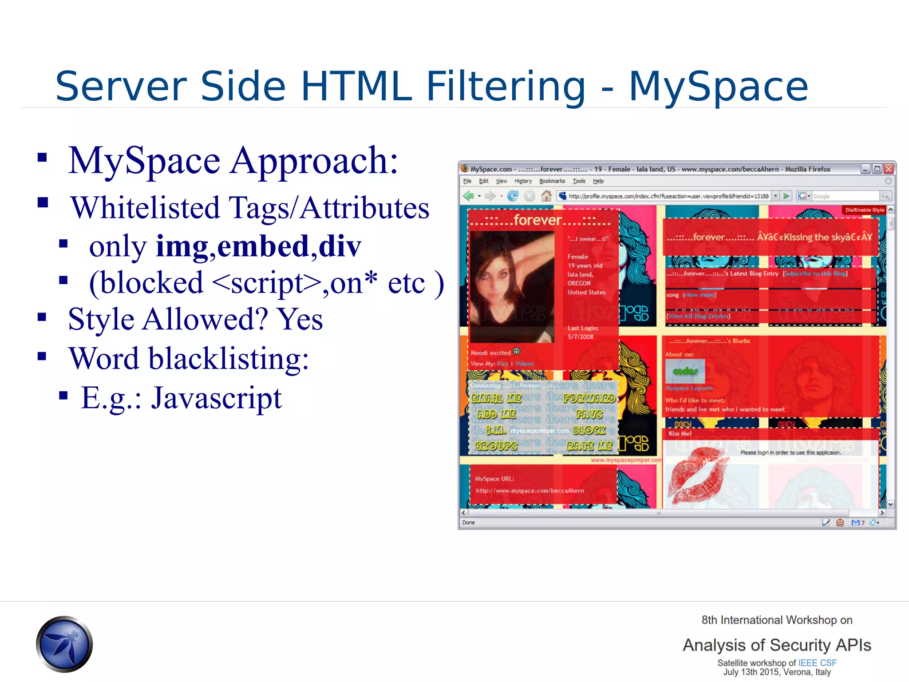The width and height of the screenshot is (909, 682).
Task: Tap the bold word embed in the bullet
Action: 263,246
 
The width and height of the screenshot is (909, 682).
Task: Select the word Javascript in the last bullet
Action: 216,398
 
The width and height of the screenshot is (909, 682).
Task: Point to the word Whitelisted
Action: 145,208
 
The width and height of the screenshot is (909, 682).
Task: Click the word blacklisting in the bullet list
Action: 228,359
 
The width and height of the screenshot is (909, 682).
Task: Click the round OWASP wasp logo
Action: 64,644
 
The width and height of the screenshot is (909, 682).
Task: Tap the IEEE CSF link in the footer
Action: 817,663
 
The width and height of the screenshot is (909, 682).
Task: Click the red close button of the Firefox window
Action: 888,169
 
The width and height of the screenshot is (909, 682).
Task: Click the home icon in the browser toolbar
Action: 546,196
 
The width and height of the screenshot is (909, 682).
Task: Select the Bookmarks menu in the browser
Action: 552,181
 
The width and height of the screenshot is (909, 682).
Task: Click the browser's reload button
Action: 513,196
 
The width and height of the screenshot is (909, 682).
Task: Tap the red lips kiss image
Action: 698,475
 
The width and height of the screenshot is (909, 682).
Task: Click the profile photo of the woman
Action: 512,286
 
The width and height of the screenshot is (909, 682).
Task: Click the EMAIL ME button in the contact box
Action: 496,398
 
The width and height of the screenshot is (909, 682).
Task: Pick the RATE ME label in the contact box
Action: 589,445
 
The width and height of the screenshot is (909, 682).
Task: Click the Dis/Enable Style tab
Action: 864,210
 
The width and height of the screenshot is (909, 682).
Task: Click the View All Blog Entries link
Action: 698,316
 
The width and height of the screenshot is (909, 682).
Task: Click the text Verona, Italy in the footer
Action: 807,672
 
